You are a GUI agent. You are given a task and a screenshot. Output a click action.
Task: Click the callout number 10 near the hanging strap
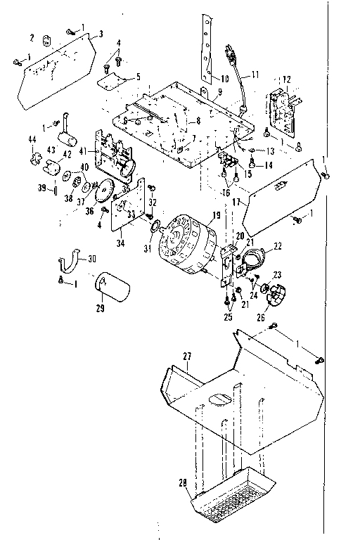(224, 78)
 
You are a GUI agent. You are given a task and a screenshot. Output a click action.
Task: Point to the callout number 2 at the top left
(32, 37)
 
